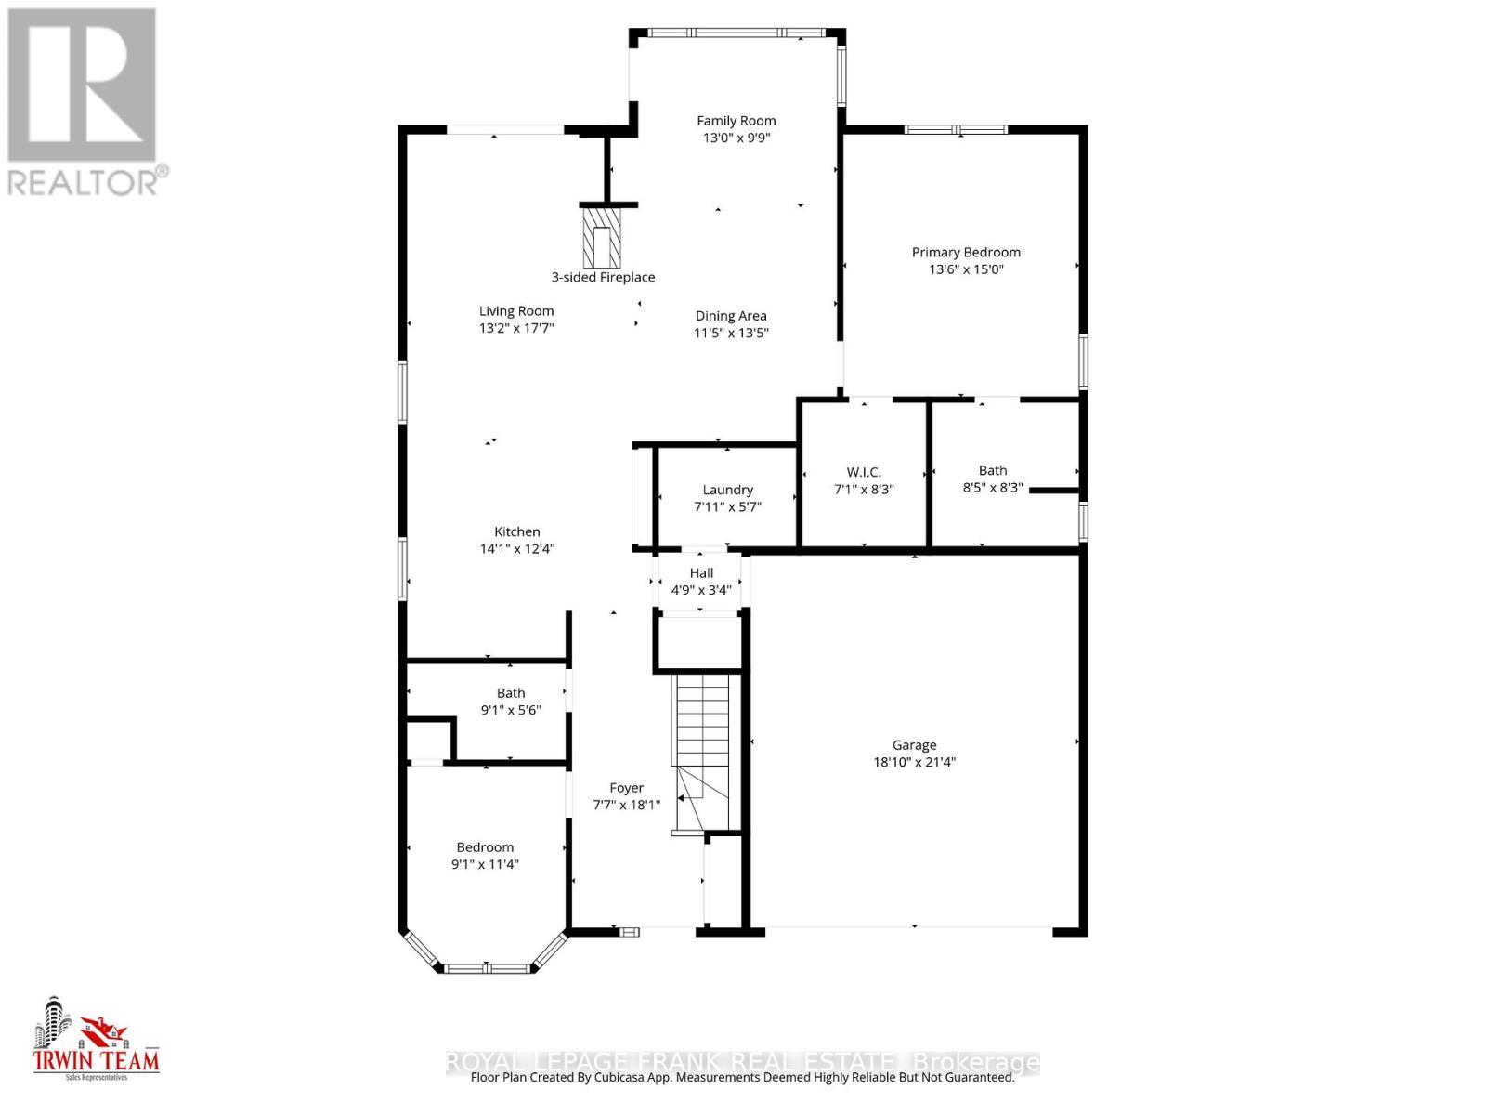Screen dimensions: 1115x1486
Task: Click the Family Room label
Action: pyautogui.click(x=736, y=121)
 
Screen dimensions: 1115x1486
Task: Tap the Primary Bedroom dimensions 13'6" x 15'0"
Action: pyautogui.click(x=966, y=270)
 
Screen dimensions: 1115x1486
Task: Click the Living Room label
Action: pyautogui.click(x=516, y=311)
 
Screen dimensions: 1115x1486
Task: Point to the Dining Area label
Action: pyautogui.click(x=731, y=316)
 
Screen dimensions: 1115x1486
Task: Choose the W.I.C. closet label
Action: pyautogui.click(x=864, y=472)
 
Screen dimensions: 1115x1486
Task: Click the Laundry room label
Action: pyautogui.click(x=727, y=490)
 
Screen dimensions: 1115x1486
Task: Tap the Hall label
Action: pyautogui.click(x=701, y=573)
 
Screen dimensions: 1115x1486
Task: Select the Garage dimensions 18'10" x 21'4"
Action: pyautogui.click(x=914, y=763)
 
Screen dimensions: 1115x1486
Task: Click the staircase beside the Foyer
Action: pyautogui.click(x=703, y=743)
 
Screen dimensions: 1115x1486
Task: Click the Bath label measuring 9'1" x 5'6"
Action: pyautogui.click(x=511, y=693)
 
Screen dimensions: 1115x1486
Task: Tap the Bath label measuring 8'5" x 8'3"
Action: pyautogui.click(x=992, y=470)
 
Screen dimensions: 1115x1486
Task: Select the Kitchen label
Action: pyautogui.click(x=516, y=532)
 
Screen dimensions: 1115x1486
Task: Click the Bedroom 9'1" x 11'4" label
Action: pyautogui.click(x=485, y=847)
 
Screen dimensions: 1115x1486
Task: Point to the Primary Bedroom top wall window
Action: pyautogui.click(x=957, y=130)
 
